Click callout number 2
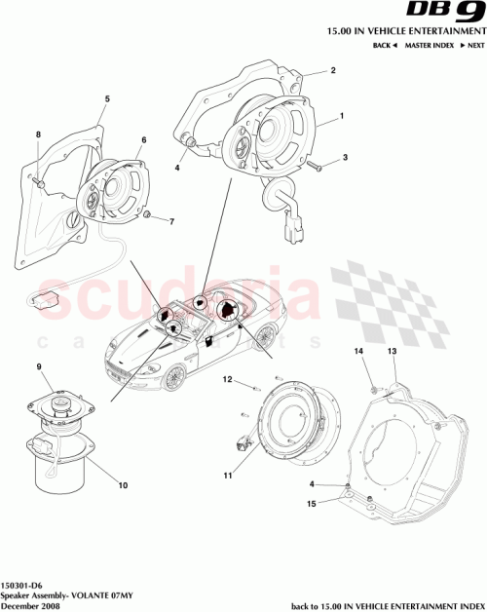(x=332, y=71)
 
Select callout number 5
(x=107, y=98)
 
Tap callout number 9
(x=39, y=367)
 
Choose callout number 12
(x=226, y=379)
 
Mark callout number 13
(x=393, y=351)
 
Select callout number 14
(x=357, y=351)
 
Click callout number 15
(x=312, y=504)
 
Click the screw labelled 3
(x=318, y=167)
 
